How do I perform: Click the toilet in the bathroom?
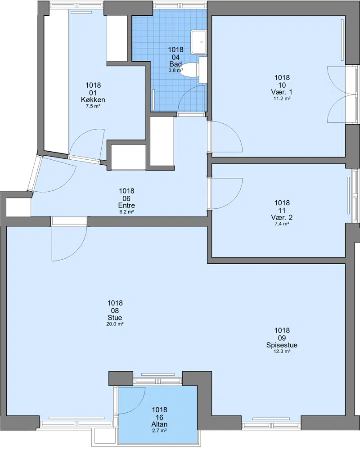[x=189, y=70]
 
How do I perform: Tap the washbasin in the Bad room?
[x=199, y=42]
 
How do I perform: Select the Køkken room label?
[x=93, y=100]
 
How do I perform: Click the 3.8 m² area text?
[x=175, y=70]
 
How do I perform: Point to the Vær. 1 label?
[x=282, y=92]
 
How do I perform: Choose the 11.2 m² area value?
[x=282, y=99]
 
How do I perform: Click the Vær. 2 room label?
[x=282, y=217]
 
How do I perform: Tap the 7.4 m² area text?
[x=282, y=224]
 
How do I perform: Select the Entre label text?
[x=126, y=206]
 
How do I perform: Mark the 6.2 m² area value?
[x=126, y=212]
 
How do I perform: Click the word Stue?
[x=115, y=318]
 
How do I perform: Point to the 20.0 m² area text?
[x=115, y=324]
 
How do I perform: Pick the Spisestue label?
[x=282, y=345]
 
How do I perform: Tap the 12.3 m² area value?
[x=282, y=351]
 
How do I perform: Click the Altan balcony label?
[x=159, y=424]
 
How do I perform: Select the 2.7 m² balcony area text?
[x=159, y=431]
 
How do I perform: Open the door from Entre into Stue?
[x=69, y=243]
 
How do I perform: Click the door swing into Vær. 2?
[x=226, y=193]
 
